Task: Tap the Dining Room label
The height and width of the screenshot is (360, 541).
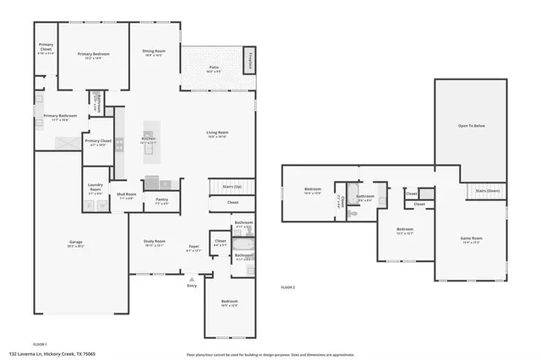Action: tap(153, 52)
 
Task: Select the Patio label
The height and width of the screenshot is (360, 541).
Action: tap(215, 68)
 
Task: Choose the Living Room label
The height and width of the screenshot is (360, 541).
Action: tap(218, 134)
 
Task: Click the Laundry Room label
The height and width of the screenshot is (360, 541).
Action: tap(96, 190)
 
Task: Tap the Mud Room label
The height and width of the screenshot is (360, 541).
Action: tap(127, 197)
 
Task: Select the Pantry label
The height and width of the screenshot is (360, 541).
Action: tap(161, 201)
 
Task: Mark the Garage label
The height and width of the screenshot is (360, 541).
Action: tap(76, 243)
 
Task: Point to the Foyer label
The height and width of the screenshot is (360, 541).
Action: tap(194, 248)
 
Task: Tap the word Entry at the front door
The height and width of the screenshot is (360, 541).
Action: tap(192, 286)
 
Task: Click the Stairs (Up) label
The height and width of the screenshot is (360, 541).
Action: tap(232, 186)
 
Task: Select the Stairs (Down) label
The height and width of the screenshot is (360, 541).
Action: tap(487, 191)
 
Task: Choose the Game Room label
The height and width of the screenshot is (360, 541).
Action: tap(471, 239)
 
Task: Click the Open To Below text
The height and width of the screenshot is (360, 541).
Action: tap(471, 126)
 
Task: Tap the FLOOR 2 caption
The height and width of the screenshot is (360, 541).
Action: tap(288, 288)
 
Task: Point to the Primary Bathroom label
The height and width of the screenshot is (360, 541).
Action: tap(61, 117)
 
